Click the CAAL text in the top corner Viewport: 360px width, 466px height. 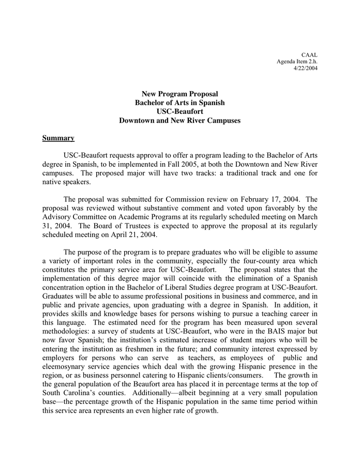[309, 54]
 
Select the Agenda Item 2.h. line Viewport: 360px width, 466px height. [297, 62]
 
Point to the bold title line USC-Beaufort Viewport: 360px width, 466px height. [179, 111]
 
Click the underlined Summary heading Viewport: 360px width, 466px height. [58, 138]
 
